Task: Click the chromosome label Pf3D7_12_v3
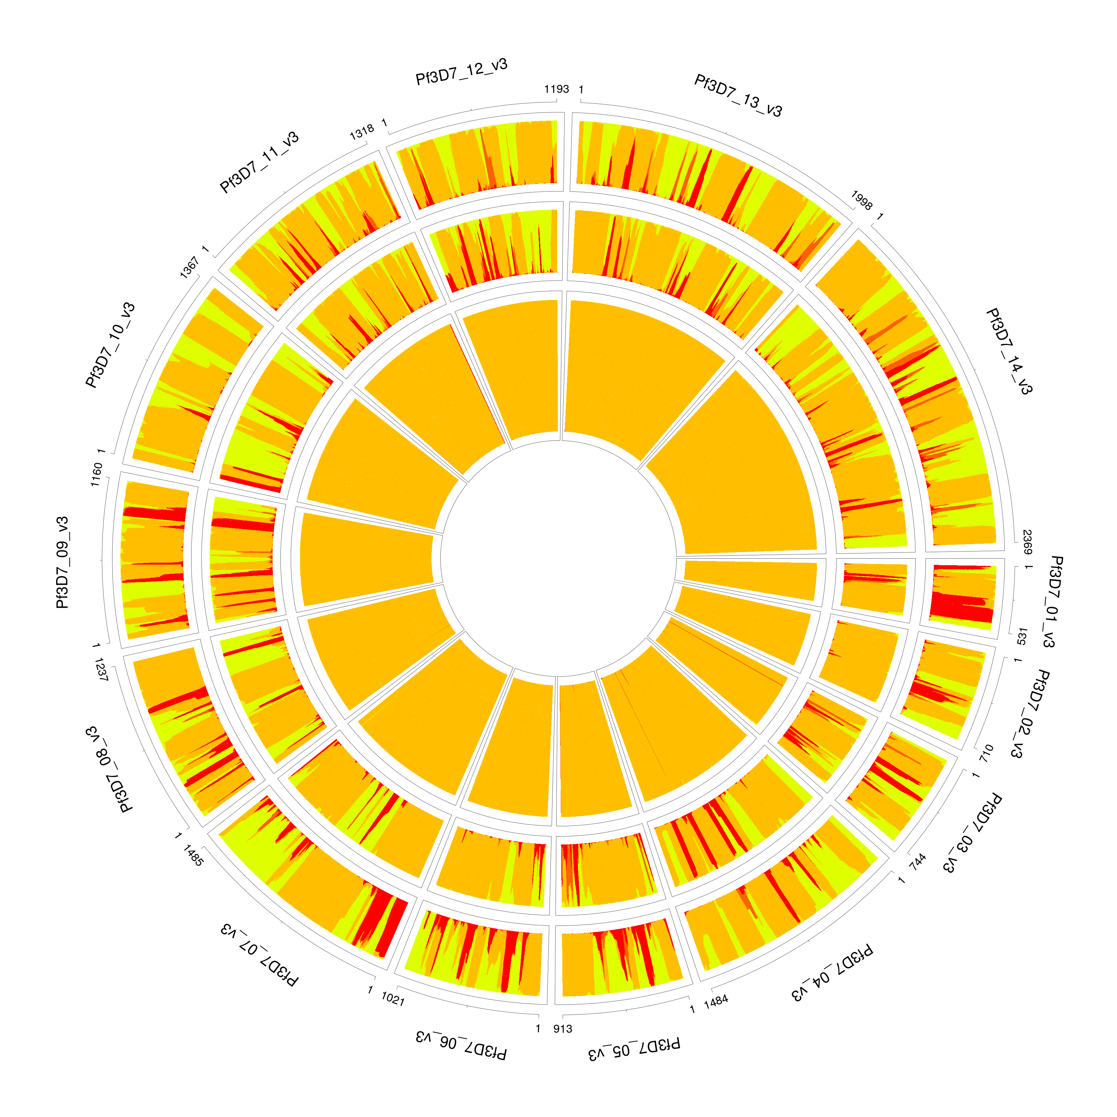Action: click(x=461, y=72)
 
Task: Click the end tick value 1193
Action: click(x=556, y=89)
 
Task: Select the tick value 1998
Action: click(x=861, y=200)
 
